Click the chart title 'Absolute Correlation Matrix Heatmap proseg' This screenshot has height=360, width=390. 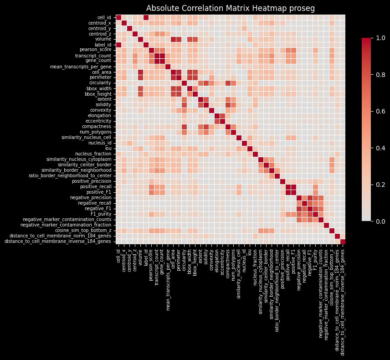click(x=231, y=9)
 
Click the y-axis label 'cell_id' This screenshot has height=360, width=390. click(x=104, y=17)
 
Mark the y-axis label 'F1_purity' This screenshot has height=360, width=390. click(x=101, y=214)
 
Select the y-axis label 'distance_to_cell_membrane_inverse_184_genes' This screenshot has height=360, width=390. click(x=57, y=241)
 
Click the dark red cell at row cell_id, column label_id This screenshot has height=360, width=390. click(x=146, y=17)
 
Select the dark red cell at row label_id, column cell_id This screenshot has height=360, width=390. click(x=118, y=45)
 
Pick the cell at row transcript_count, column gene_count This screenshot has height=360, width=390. click(x=162, y=56)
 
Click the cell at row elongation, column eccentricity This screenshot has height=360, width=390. click(x=222, y=115)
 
